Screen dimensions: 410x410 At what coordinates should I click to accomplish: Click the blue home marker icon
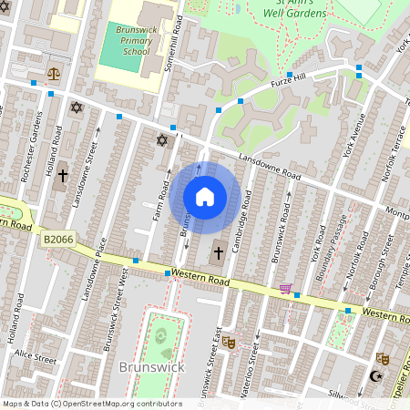pos(205,197)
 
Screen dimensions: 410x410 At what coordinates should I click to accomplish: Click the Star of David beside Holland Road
pos(77,108)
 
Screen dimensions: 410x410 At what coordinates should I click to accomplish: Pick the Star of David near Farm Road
pos(163,140)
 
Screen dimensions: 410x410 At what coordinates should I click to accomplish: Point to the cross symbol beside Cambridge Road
pos(218,252)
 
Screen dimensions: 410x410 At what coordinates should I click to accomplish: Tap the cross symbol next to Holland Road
pos(63,175)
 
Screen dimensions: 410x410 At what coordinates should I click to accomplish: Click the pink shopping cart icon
pos(285,290)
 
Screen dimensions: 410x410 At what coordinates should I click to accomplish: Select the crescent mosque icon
pos(374,375)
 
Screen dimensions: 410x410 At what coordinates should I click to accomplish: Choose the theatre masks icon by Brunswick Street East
pos(229,342)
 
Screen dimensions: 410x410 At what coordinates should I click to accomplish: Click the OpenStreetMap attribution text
pos(91,404)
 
